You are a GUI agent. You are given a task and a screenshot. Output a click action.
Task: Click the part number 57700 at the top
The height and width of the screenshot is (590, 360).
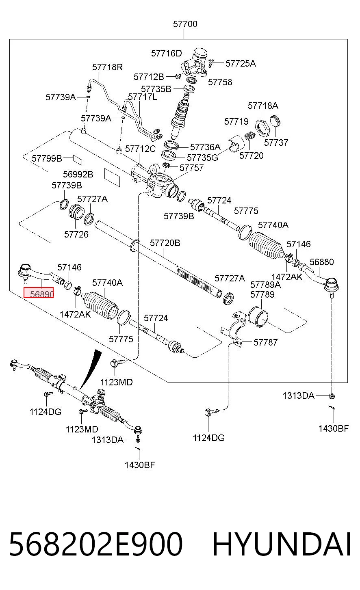[185, 24]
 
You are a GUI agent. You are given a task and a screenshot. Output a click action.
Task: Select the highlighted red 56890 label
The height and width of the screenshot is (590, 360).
[39, 293]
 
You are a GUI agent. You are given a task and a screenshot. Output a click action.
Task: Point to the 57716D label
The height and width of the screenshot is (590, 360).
[166, 54]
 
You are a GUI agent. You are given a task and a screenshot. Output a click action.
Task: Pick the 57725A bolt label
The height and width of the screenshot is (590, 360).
[241, 63]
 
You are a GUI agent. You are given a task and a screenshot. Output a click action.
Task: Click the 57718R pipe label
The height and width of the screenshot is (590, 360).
[107, 67]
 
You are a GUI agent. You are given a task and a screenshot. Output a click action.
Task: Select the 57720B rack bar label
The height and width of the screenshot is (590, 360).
[165, 243]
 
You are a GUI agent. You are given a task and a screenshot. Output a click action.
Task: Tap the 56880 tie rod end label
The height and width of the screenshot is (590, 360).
[321, 262]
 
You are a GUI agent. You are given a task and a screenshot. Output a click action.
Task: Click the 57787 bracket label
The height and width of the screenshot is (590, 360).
[265, 342]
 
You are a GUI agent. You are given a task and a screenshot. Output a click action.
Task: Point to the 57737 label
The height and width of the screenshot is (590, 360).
[276, 143]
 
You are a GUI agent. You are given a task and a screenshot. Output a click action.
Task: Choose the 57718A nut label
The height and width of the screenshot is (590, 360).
[263, 106]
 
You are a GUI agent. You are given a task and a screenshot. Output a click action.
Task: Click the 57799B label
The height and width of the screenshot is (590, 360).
[47, 158]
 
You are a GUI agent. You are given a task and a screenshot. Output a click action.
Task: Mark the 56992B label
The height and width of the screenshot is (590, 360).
[78, 174]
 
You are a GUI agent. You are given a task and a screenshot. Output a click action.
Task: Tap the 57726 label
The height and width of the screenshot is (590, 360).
[76, 234]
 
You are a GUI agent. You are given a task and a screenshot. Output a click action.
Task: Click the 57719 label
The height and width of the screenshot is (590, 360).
[236, 121]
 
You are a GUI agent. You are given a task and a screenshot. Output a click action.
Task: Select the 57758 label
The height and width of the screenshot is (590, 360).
[220, 82]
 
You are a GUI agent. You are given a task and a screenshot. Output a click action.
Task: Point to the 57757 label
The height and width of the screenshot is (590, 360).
[192, 168]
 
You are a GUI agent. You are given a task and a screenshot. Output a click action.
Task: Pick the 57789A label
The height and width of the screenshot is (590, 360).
[265, 285]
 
